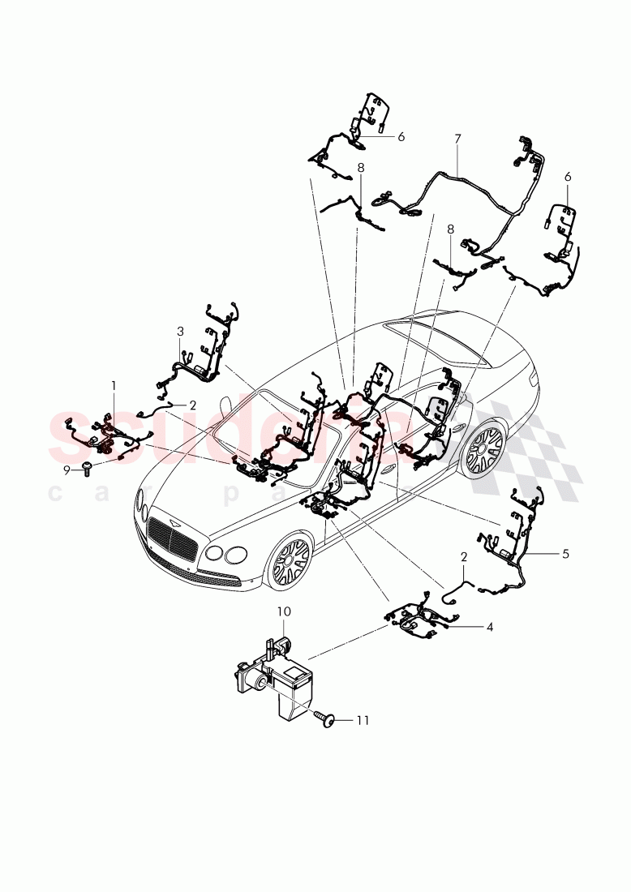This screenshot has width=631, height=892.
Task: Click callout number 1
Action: point(114,385)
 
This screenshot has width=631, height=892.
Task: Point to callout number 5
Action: point(565,554)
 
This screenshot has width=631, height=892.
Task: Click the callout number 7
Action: point(457,139)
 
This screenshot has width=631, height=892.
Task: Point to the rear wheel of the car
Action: point(483,449)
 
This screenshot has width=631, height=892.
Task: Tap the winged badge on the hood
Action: point(173,514)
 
